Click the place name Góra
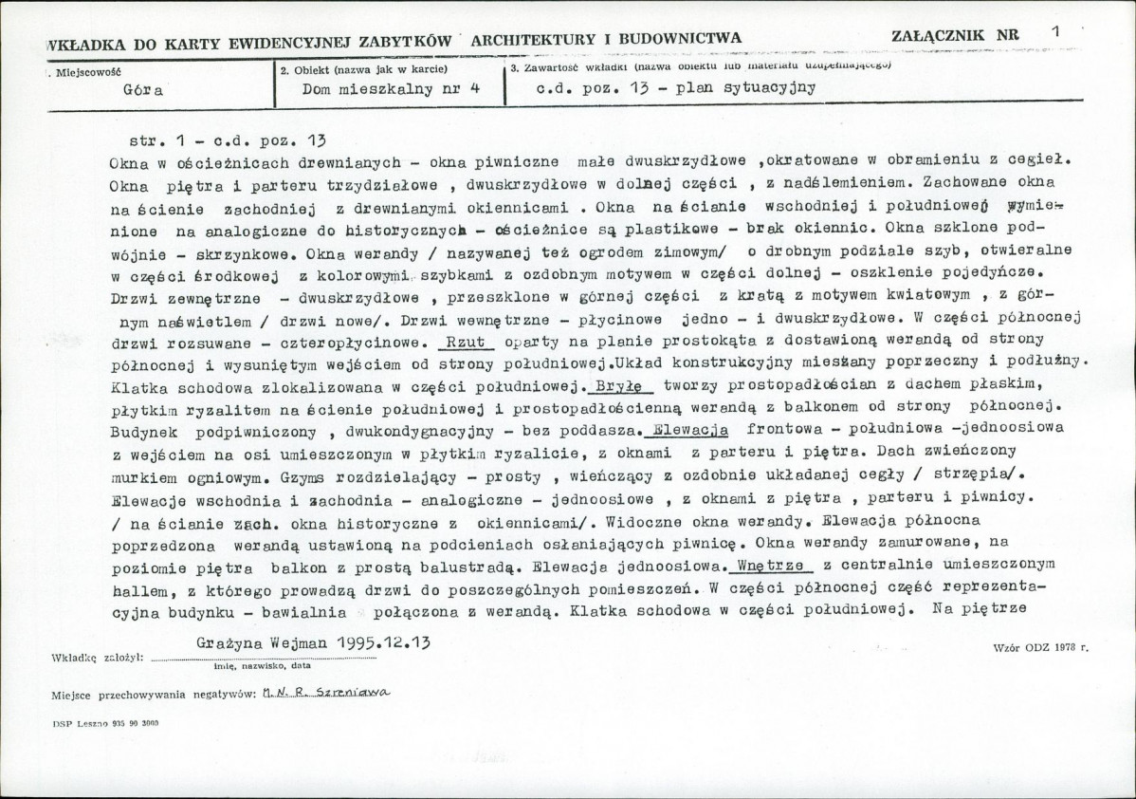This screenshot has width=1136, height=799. tap(144, 92)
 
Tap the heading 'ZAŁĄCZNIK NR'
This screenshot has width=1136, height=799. tap(956, 35)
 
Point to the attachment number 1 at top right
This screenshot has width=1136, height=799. tap(1055, 31)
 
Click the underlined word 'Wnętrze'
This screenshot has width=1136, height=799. tap(772, 564)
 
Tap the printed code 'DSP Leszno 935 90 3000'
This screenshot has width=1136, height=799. tap(106, 722)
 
